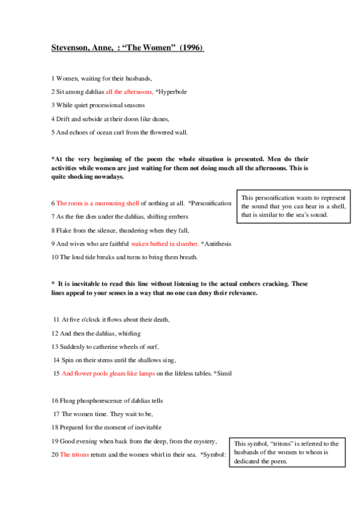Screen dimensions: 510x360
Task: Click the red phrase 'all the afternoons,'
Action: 129,91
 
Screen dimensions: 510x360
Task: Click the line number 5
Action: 53,132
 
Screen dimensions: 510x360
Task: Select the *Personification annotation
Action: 210,203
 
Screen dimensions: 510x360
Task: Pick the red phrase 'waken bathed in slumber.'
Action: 165,244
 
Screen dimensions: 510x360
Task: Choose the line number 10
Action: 55,257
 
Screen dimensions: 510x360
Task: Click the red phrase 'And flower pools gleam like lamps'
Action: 108,373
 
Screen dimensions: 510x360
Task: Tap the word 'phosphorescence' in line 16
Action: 97,401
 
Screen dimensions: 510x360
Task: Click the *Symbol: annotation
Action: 213,455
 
